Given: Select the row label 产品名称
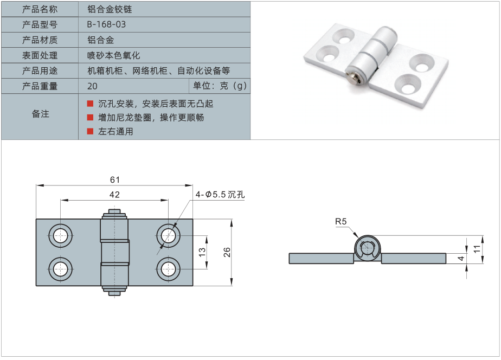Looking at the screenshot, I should [40, 9].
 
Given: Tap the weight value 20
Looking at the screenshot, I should [92, 86].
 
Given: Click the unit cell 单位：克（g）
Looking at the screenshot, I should [220, 86].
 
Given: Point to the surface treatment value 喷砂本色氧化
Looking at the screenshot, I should [113, 55].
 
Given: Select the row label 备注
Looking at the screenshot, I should [40, 114].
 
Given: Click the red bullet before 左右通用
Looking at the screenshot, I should [90, 131].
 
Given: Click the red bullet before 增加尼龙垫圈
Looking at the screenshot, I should [90, 117].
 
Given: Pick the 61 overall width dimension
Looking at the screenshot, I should [114, 179].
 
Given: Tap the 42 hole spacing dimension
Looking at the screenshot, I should [114, 195].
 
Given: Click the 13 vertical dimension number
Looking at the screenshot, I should [201, 252].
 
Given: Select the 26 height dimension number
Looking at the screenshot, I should [227, 252].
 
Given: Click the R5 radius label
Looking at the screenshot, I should [341, 221].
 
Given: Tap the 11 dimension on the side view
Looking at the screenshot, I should [477, 248].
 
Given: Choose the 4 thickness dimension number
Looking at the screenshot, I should [461, 259].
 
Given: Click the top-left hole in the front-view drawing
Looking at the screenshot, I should [60, 235].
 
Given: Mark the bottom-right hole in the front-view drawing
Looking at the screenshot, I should [169, 268].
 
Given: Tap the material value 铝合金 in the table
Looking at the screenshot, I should [100, 40].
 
